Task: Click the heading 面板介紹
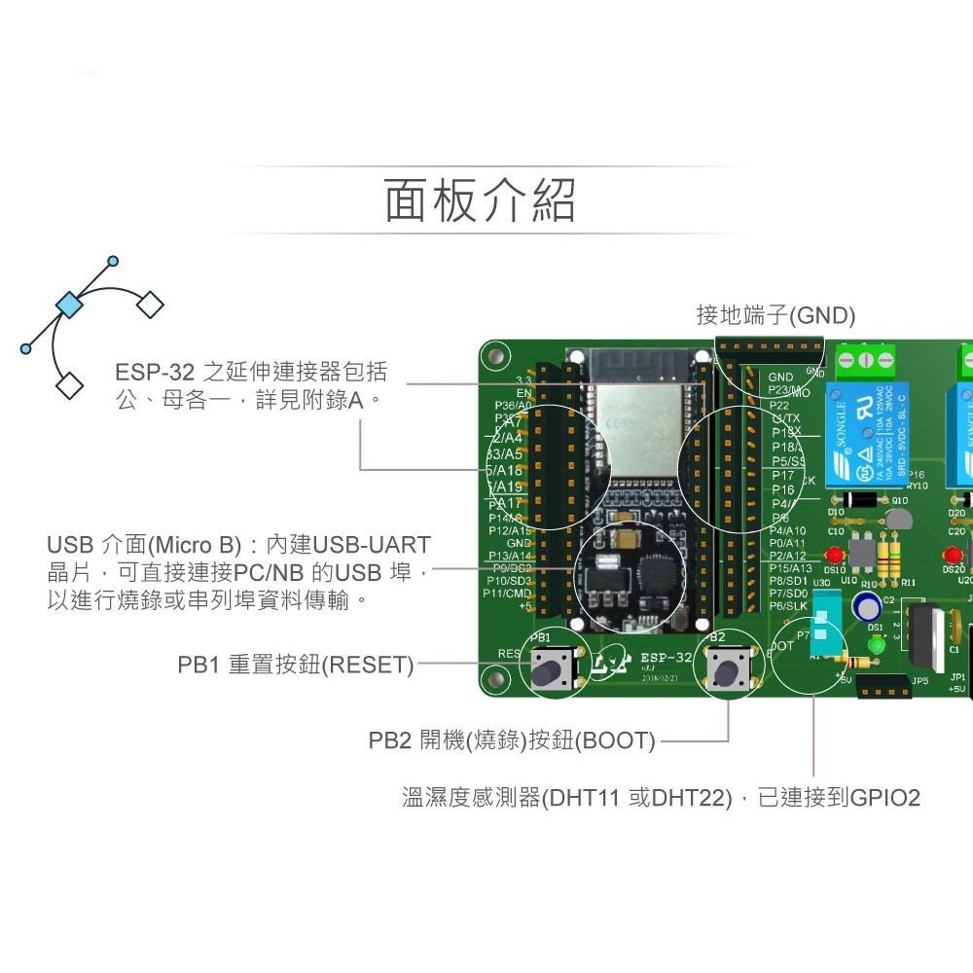(480, 201)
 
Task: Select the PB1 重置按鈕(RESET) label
(295, 666)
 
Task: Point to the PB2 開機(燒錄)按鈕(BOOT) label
(512, 740)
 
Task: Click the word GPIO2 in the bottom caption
(885, 798)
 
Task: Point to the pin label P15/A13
(790, 568)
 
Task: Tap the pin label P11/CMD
(507, 593)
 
